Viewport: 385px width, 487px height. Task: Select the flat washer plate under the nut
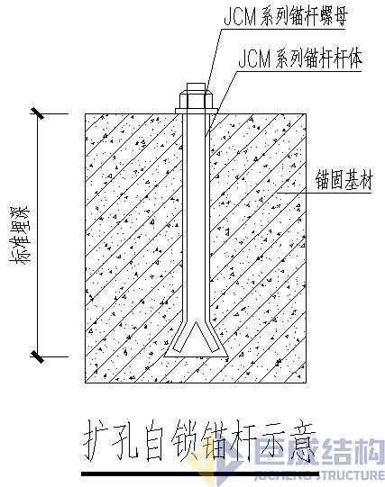pyautogui.click(x=195, y=110)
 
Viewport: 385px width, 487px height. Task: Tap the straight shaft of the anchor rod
pyautogui.click(x=196, y=216)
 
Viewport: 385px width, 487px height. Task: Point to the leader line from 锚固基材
pyautogui.click(x=298, y=186)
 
